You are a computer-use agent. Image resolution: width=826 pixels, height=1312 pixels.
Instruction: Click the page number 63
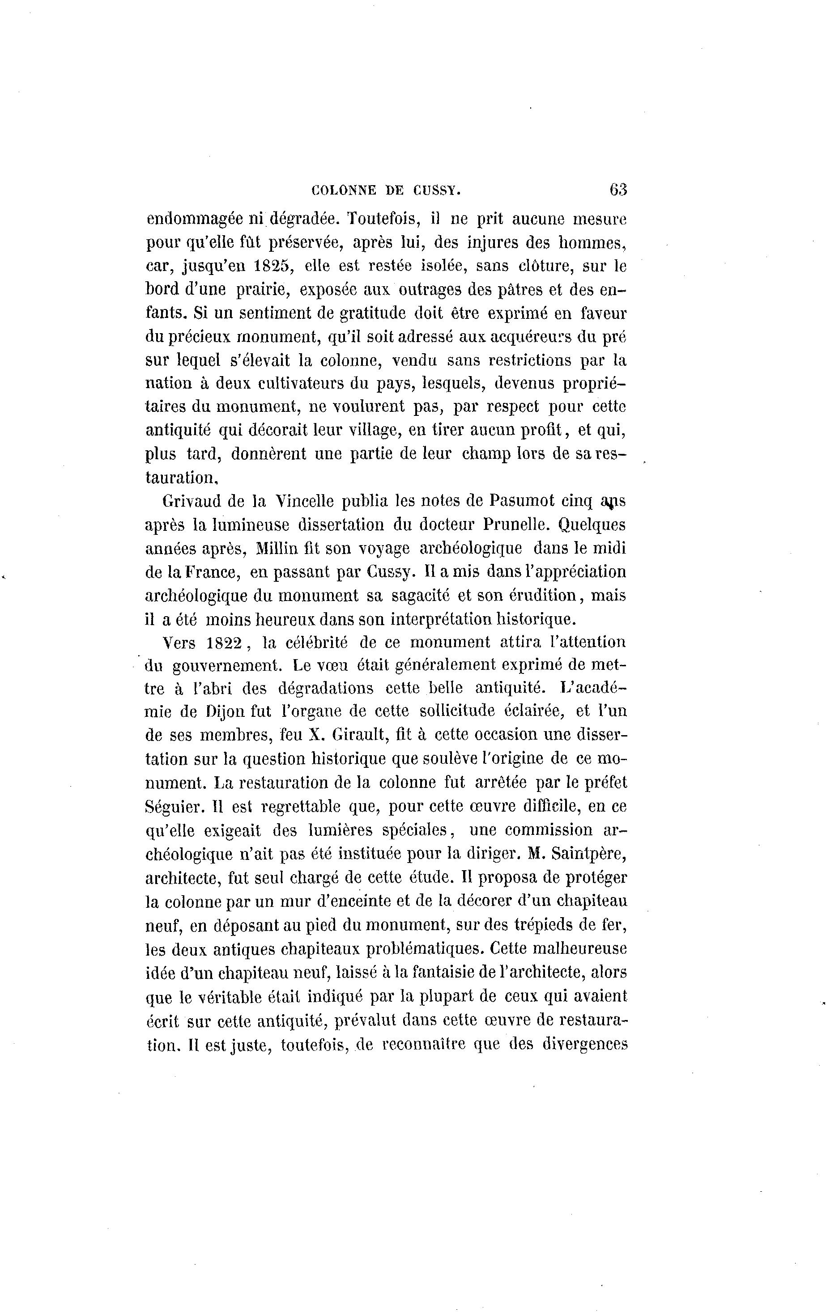[618, 190]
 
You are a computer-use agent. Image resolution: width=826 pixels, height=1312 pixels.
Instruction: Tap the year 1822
[225, 643]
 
